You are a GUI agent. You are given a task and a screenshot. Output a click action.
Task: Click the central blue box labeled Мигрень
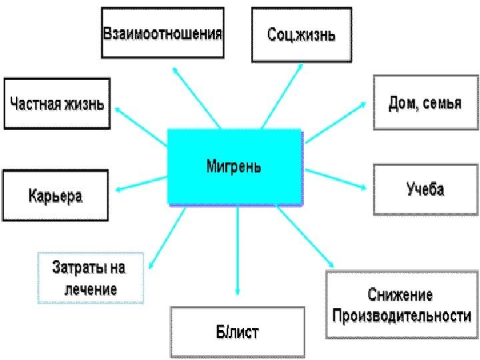234,166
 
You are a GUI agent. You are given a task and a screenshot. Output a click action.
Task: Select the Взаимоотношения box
162,33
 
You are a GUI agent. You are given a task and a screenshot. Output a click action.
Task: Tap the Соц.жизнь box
301,34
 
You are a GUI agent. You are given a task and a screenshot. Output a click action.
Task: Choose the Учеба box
425,189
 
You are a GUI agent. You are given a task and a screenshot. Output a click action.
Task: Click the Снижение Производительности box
401,305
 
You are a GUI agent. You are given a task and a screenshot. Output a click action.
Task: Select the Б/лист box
237,331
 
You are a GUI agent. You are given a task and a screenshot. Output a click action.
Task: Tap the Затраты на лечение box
91,278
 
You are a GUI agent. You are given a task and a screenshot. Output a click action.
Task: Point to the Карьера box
55,195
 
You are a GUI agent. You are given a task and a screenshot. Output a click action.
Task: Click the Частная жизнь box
57,103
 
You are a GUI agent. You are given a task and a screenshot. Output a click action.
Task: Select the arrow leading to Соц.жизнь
283,94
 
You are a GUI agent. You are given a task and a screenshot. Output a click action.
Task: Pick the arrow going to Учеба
336,180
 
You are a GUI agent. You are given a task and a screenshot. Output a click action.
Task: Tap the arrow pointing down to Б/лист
237,253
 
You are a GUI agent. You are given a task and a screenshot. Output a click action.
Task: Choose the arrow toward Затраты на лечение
167,236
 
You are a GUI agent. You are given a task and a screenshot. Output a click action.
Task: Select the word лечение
91,289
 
